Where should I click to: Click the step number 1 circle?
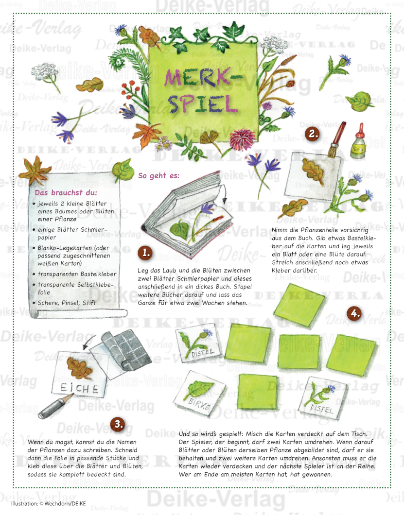(145, 253)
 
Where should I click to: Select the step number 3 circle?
(118, 424)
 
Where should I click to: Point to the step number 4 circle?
(354, 313)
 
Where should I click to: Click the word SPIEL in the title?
(203, 103)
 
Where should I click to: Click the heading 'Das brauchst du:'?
(66, 192)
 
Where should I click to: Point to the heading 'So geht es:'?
(159, 176)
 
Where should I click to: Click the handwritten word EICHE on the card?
(79, 389)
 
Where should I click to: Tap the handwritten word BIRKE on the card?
(199, 404)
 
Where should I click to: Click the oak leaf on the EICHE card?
(80, 367)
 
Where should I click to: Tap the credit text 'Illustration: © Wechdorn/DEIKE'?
(48, 503)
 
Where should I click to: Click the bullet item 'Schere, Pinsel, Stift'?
(67, 303)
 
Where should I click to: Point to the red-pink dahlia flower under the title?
(238, 140)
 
